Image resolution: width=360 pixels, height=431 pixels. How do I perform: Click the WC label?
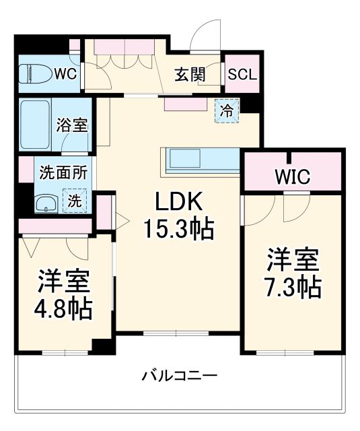pos(65,72)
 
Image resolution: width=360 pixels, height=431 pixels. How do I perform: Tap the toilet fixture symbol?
pos(34,73)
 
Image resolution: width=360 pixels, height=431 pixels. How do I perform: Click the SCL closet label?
pos(242,75)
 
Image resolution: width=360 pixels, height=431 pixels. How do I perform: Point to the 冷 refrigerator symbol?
pos(227,110)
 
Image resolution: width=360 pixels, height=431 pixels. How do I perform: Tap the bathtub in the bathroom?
pos(36,126)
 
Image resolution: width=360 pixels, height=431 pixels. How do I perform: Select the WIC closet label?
pos(291,177)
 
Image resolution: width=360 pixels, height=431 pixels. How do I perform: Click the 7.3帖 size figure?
pos(291,288)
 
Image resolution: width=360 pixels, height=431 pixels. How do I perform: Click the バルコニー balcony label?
pos(179,375)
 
